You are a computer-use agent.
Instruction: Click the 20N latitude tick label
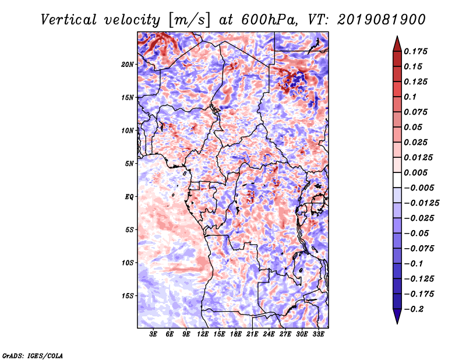pos(127,65)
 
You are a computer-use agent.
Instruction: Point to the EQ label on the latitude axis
pos(129,197)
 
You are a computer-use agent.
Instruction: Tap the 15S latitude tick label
pos(128,296)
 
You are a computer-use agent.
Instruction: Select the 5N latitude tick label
pos(129,164)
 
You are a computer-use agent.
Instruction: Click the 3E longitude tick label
pos(153,334)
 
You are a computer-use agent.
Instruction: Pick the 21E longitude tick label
pos(252,334)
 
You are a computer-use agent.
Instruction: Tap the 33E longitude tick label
pos(318,334)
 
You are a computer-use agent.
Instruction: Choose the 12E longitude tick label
pos(203,334)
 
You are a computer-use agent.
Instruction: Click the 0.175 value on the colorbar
pos(415,52)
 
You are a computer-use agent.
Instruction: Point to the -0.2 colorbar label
pos(414,309)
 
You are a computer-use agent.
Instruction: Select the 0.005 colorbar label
pos(415,172)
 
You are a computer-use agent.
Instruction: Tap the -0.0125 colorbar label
pos(421,203)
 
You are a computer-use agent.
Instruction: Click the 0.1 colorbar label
pos(410,97)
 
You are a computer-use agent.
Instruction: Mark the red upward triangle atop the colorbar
pos(397,44)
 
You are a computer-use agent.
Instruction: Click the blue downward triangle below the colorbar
pos(397,316)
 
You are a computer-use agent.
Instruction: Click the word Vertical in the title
pos(68,20)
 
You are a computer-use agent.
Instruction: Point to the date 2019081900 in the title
pos(382,20)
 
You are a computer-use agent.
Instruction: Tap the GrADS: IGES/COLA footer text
pos(33,356)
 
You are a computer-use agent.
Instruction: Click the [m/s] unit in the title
pos(189,20)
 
